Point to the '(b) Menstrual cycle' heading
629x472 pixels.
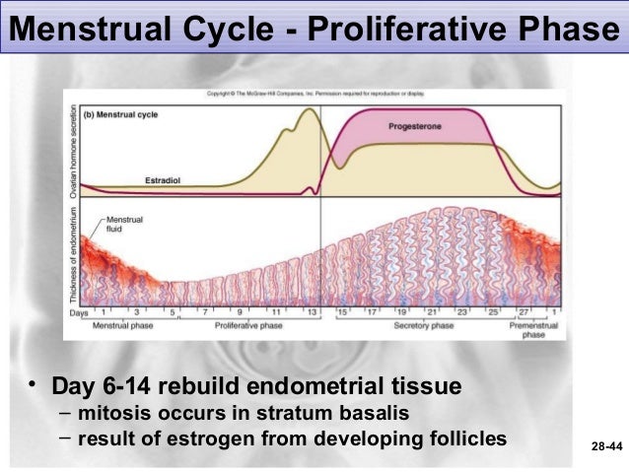tap(120, 113)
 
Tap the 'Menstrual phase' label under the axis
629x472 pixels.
tap(121, 325)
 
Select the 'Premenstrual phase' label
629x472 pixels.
tap(533, 329)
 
